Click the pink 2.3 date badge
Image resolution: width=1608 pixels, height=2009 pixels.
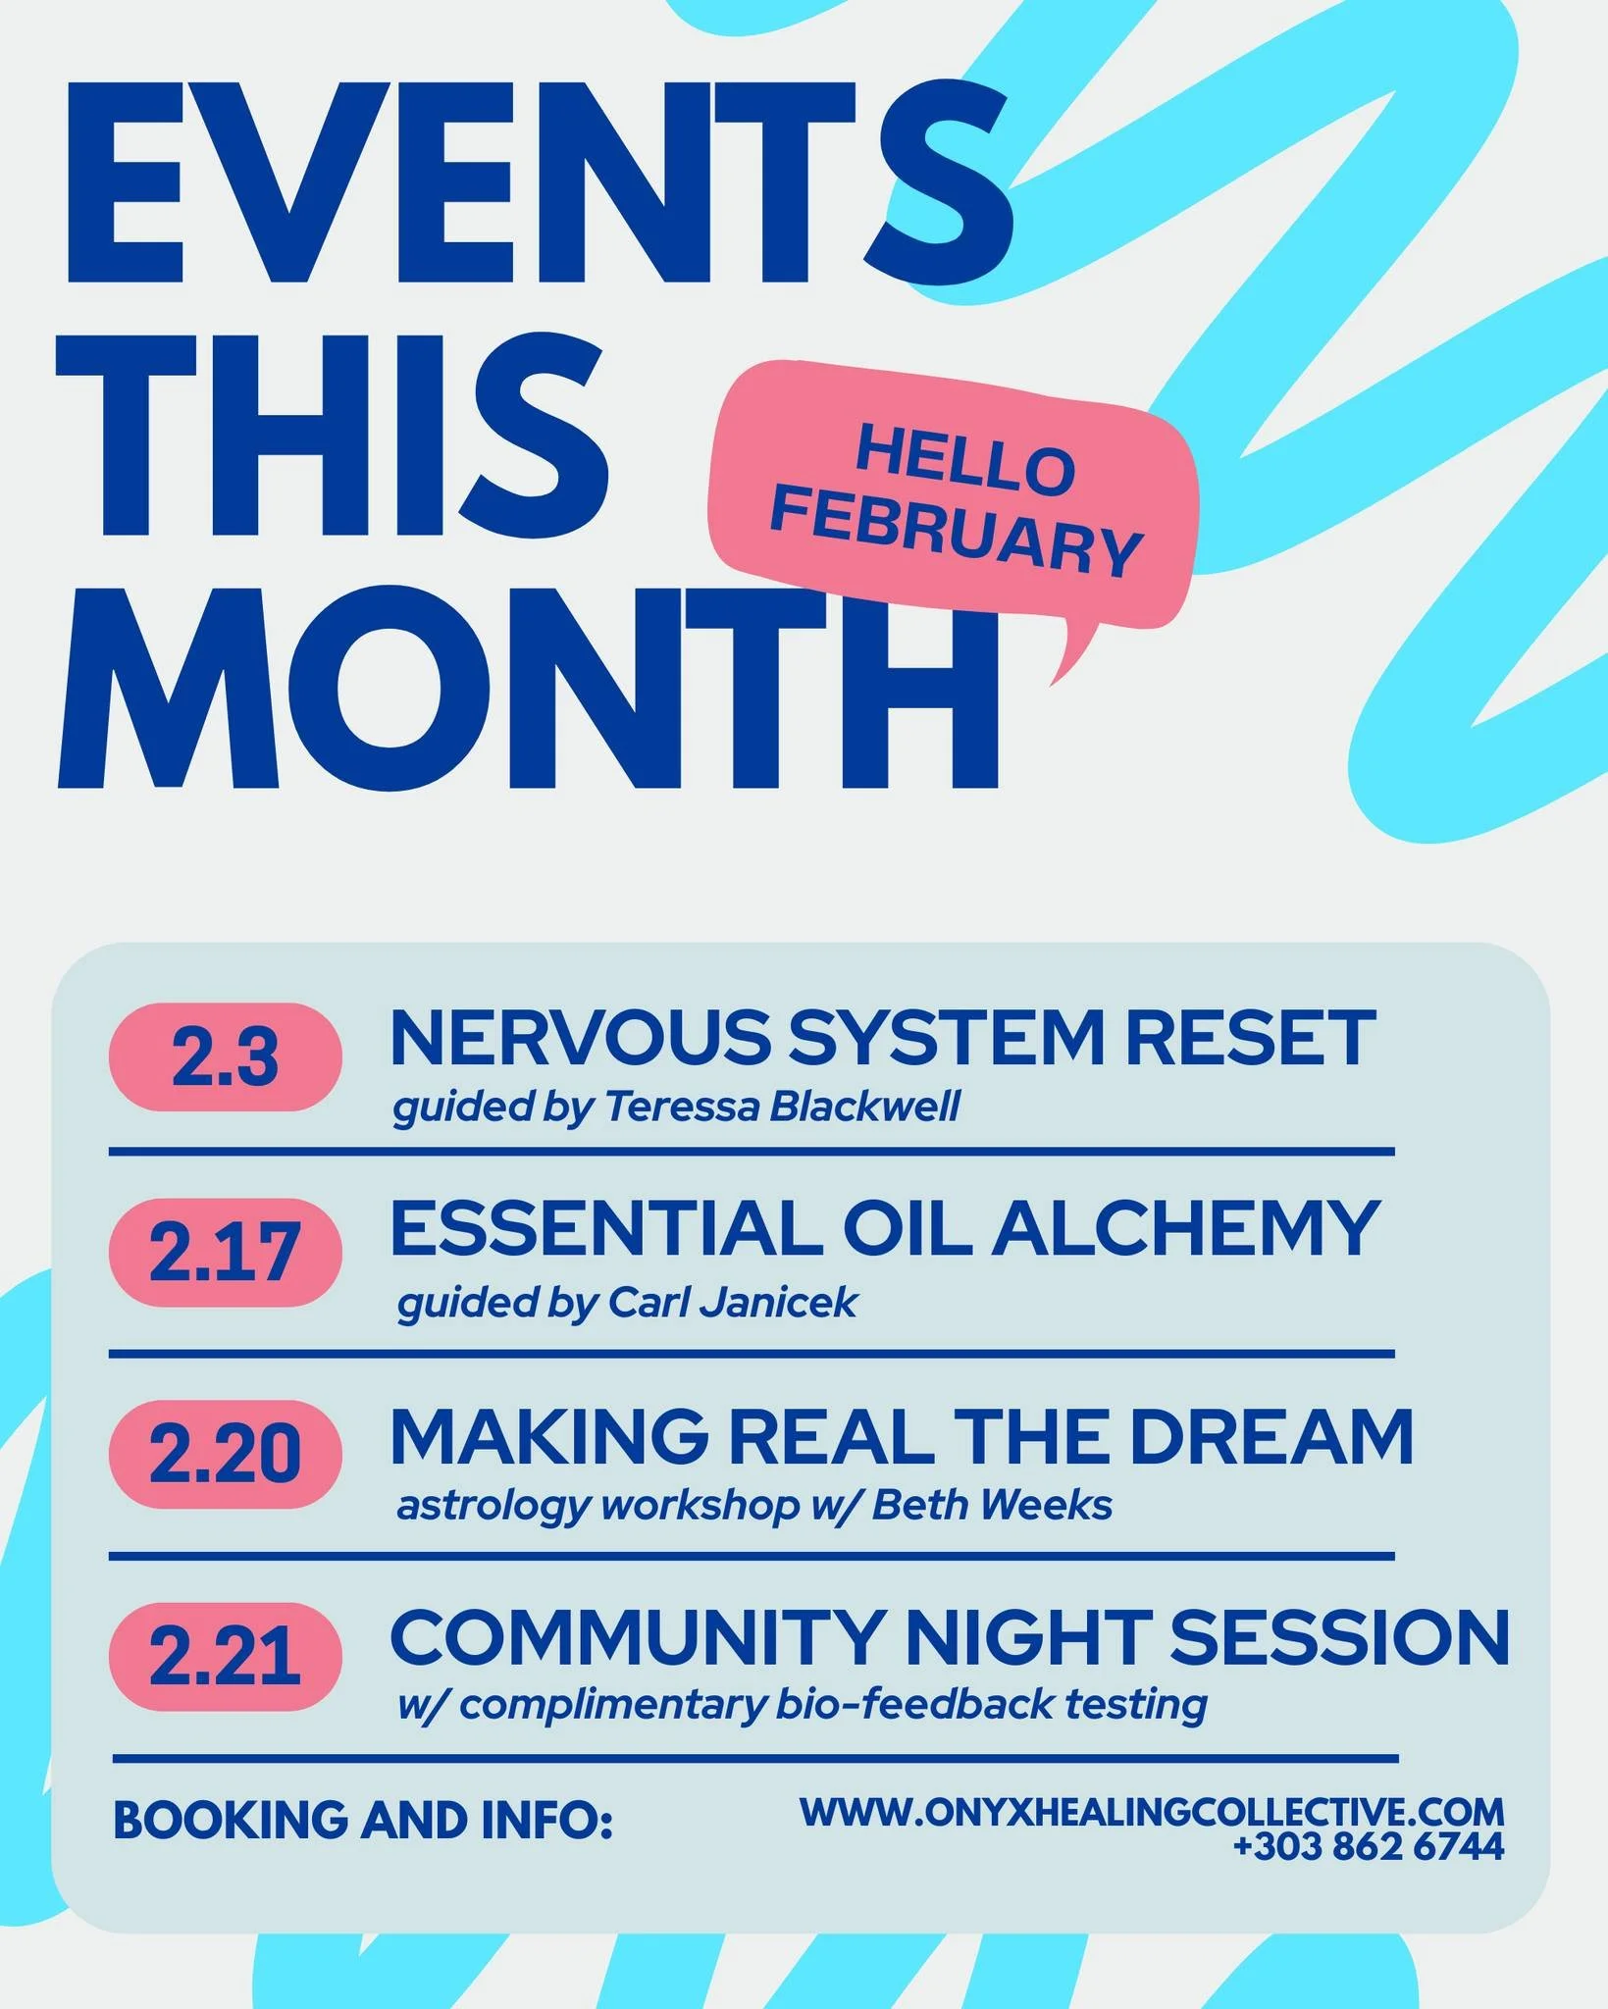coord(225,1058)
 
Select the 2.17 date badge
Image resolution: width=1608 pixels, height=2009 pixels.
coord(225,1253)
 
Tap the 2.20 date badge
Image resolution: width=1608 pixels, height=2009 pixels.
coord(225,1452)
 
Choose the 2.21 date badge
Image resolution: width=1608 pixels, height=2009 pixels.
coord(225,1655)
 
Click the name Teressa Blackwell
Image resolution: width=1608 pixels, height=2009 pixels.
coord(781,1107)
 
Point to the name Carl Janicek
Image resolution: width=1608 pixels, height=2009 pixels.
coord(733,1303)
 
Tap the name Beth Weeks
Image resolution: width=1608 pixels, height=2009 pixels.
coord(992,1503)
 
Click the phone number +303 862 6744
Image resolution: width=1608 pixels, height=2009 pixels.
coord(1368,1846)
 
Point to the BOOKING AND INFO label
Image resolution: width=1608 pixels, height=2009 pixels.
coord(363,1820)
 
